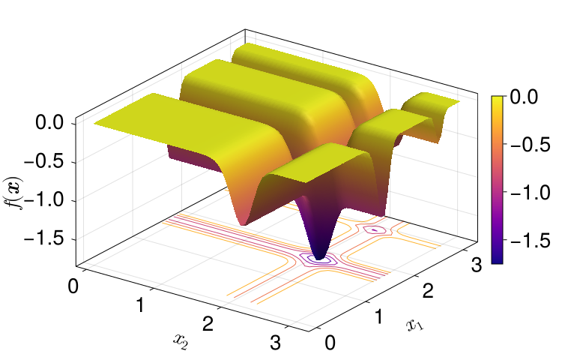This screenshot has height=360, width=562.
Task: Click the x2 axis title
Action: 181,340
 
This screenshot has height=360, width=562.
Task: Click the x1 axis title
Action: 414,325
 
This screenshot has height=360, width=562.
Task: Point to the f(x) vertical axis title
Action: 13,193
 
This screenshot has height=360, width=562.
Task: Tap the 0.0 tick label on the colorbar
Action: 524,97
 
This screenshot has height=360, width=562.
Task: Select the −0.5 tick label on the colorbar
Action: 530,145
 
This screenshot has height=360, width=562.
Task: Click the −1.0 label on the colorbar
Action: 530,193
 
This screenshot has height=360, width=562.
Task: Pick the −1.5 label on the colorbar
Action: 530,240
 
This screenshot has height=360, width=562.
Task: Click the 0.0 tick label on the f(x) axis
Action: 49,123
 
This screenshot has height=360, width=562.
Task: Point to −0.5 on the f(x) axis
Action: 43,162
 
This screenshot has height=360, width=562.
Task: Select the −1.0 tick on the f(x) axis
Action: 43,199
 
